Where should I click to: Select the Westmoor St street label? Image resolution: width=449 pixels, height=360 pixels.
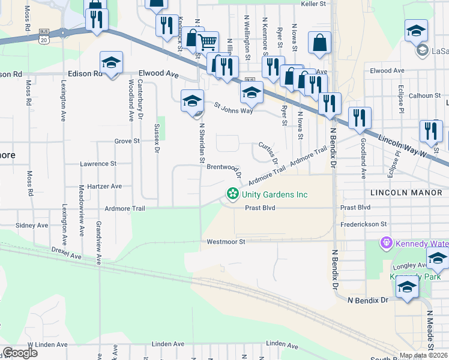pyautogui.click(x=226, y=242)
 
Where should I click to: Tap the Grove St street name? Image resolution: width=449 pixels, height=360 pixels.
pyautogui.click(x=127, y=141)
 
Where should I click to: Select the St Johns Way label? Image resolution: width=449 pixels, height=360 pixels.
pyautogui.click(x=235, y=107)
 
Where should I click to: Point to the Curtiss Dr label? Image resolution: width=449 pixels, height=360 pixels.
pyautogui.click(x=268, y=152)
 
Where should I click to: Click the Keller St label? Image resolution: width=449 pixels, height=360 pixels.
pyautogui.click(x=316, y=4)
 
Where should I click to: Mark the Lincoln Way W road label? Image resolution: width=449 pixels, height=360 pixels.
pyautogui.click(x=403, y=146)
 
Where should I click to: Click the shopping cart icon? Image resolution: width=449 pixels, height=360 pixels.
pyautogui.click(x=207, y=42)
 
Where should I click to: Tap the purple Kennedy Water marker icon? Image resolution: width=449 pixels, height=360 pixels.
pyautogui.click(x=385, y=243)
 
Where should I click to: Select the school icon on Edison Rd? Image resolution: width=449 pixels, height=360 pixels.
pyautogui.click(x=111, y=62)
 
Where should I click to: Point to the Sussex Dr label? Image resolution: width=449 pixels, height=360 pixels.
pyautogui.click(x=157, y=139)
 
